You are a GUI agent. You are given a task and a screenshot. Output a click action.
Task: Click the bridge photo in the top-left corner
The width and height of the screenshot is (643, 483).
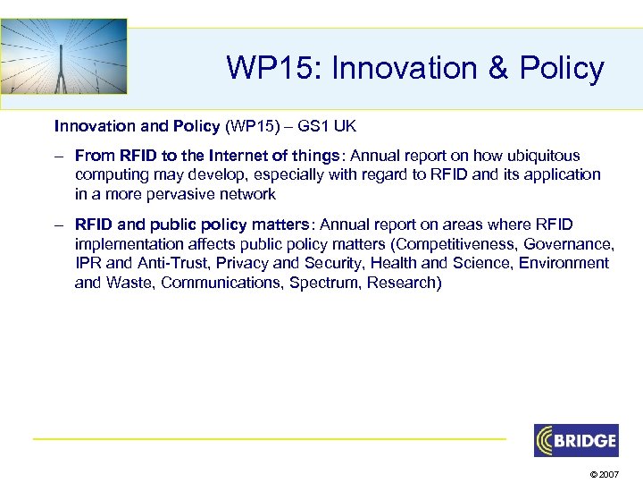(x=63, y=55)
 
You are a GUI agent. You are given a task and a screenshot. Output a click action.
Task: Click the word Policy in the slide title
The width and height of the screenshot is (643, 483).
(x=559, y=68)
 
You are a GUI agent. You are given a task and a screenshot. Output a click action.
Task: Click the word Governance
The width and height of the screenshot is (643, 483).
(x=568, y=243)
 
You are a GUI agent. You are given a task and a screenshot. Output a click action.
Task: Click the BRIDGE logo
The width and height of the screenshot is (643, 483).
(x=575, y=440)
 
